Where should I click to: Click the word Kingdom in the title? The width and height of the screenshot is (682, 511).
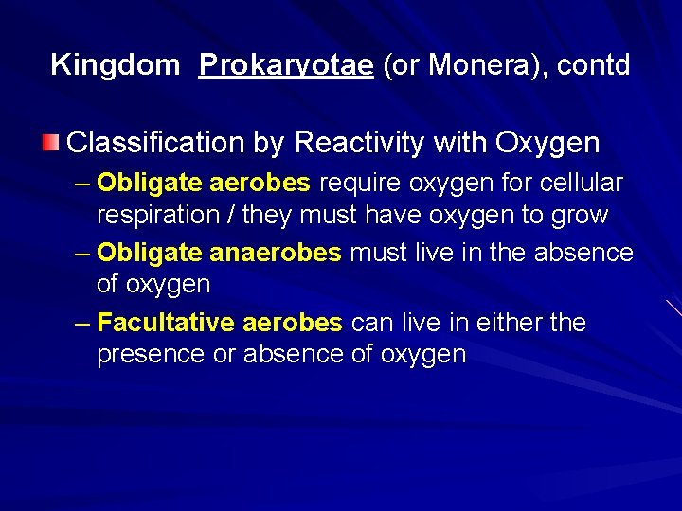[x=115, y=65]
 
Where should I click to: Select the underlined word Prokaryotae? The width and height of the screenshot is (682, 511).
[x=286, y=65]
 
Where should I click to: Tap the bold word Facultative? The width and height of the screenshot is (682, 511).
[x=166, y=323]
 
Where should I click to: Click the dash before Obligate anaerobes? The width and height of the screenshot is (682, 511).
[x=81, y=253]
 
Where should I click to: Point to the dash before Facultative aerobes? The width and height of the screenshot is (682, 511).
[x=81, y=323]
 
